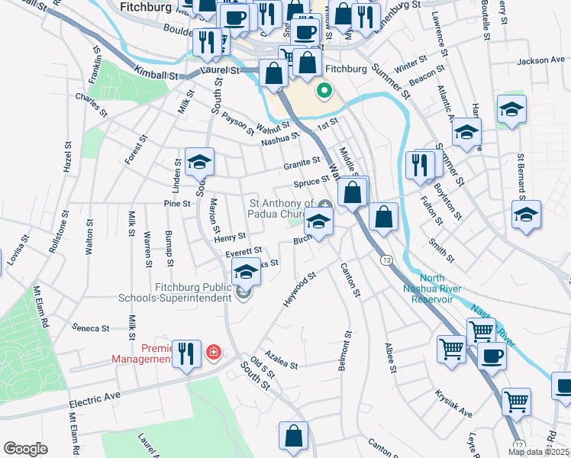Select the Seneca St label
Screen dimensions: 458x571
[91, 328]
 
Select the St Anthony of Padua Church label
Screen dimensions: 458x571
[282, 208]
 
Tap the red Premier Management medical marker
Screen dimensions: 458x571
[215, 352]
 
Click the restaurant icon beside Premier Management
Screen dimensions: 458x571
[186, 353]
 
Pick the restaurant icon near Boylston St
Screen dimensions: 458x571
[419, 165]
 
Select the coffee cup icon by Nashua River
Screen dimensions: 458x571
[492, 356]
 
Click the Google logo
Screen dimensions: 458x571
[25, 448]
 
